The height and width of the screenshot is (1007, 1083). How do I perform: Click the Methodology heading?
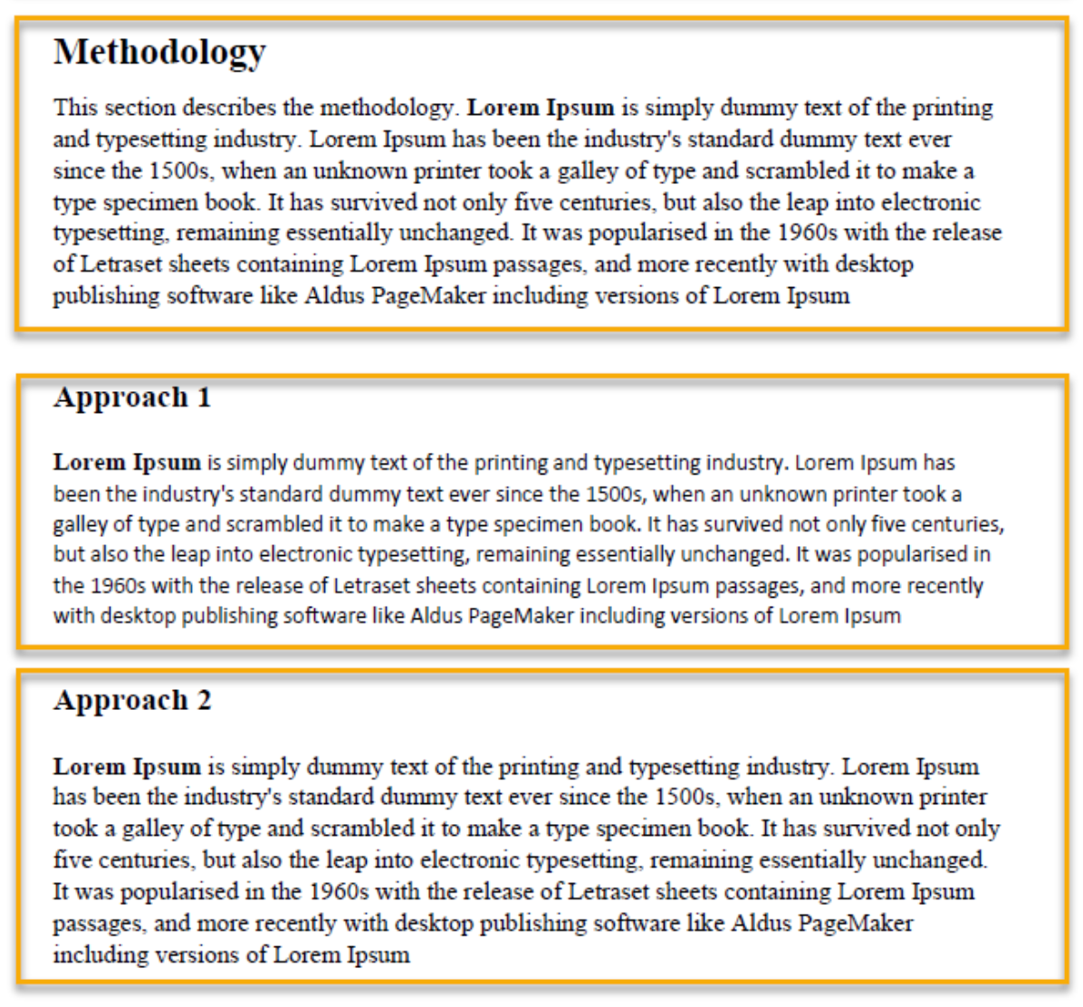click(159, 52)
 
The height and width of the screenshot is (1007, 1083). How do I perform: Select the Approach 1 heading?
click(132, 398)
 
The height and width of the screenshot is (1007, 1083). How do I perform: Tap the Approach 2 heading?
click(132, 700)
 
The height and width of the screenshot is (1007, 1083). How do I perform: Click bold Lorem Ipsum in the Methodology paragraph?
click(541, 108)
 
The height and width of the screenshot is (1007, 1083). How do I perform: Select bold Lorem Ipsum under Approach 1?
click(127, 463)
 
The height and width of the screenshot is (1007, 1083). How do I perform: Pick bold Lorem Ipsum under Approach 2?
click(127, 767)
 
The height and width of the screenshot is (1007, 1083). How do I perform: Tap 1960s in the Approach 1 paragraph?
click(118, 585)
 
